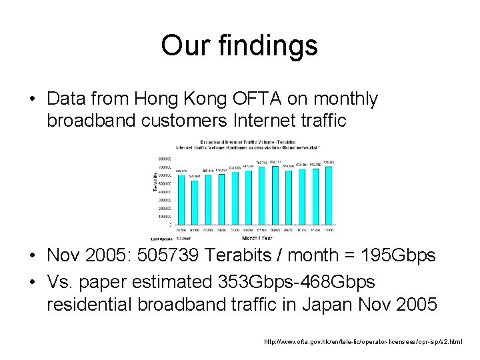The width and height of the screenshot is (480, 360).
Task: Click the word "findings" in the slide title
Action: pyautogui.click(x=266, y=46)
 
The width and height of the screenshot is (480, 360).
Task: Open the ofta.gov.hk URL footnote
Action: pyautogui.click(x=363, y=342)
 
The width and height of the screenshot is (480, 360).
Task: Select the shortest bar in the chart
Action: pyautogui.click(x=194, y=203)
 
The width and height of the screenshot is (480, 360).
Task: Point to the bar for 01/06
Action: pyautogui.click(x=181, y=200)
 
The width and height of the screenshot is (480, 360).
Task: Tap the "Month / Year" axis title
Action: pyautogui.click(x=258, y=237)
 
